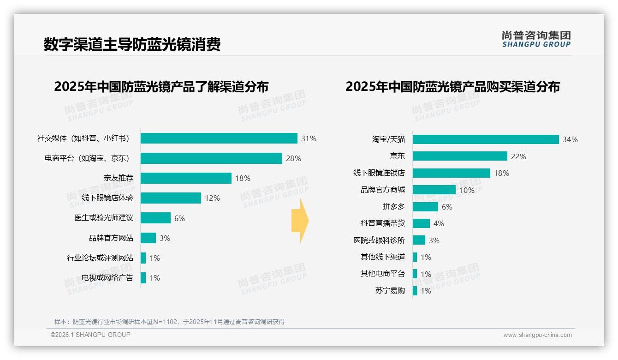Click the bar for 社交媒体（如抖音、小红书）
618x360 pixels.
(219, 138)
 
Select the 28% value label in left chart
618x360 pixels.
(293, 158)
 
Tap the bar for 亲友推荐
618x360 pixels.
(186, 178)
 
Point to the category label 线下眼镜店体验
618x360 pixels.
(107, 198)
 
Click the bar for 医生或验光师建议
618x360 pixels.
(155, 218)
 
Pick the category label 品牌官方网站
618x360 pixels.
(111, 238)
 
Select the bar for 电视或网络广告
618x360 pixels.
(143, 278)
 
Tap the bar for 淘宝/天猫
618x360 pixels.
(486, 139)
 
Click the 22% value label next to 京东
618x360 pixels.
(518, 156)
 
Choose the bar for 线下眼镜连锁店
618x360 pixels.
(451, 173)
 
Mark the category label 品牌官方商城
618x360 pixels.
(382, 190)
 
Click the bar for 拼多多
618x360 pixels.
(425, 207)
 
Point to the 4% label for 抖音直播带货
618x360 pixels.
(439, 223)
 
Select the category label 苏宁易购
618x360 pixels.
(390, 291)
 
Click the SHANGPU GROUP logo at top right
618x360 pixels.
(536, 39)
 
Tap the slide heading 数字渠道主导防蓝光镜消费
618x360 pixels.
(132, 45)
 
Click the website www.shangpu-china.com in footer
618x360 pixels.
(537, 335)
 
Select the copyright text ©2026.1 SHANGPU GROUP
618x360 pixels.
(90, 335)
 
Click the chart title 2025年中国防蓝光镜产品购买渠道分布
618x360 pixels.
(452, 87)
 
